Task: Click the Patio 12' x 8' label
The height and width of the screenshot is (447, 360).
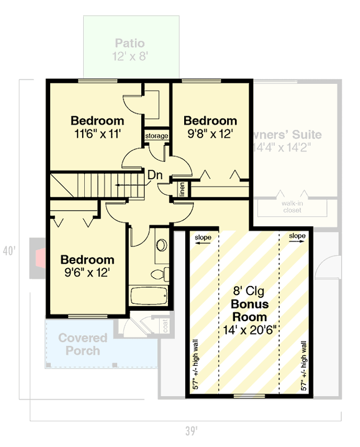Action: (131, 49)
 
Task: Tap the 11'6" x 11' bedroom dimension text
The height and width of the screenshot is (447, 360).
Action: (97, 134)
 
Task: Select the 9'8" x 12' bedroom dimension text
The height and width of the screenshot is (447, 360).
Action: (210, 134)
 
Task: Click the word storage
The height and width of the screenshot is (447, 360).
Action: (156, 136)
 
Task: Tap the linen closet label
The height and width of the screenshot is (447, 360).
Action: (182, 189)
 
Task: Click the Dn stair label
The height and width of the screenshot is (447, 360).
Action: (155, 175)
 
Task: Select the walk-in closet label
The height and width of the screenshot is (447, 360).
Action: (292, 207)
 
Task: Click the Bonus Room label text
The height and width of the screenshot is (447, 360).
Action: (249, 311)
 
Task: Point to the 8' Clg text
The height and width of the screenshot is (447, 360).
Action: (249, 291)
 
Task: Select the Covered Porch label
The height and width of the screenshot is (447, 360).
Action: (83, 344)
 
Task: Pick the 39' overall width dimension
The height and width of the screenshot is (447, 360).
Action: (191, 430)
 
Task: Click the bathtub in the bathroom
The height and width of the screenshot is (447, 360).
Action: (148, 296)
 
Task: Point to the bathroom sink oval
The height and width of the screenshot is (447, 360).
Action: (161, 246)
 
